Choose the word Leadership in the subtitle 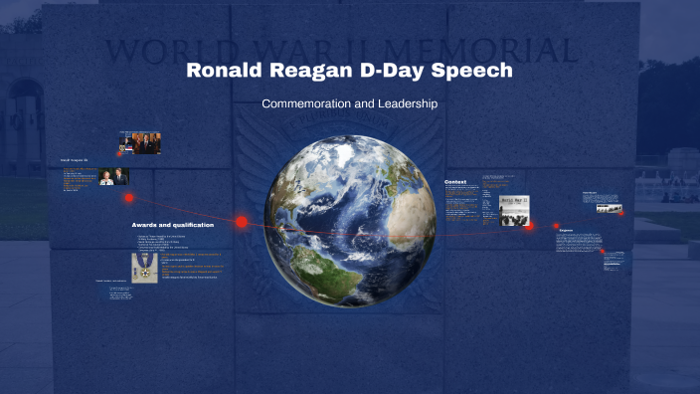click(x=404, y=103)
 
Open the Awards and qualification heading click(x=172, y=225)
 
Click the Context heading click(x=455, y=183)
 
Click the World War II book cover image click(x=513, y=210)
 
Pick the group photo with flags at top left click(x=140, y=142)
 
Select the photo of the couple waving click(x=113, y=176)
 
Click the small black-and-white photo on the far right click(x=609, y=208)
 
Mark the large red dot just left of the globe click(x=241, y=222)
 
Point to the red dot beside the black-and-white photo click(x=621, y=212)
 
